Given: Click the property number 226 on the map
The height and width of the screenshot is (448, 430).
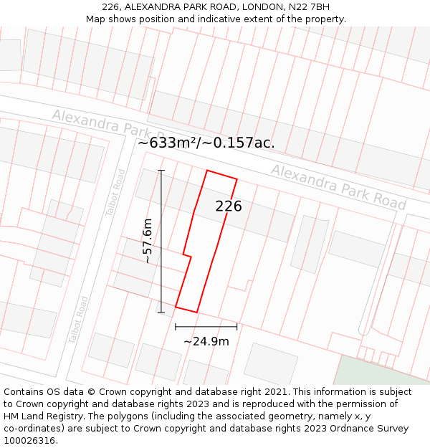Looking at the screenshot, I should tap(229, 206).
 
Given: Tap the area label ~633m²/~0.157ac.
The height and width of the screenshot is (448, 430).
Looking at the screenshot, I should tap(206, 143).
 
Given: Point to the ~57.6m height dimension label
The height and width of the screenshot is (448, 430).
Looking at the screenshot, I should tap(148, 241).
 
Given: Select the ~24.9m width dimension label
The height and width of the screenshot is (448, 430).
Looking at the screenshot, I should tap(206, 341).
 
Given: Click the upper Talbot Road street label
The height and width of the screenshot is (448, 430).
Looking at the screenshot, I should tap(115, 190).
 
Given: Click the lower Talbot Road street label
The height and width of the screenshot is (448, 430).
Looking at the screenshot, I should tap(78, 320).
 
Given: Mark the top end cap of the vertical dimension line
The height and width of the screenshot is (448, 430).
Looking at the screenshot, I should tap(161, 170).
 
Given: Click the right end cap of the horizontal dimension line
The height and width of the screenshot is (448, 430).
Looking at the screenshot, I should tap(237, 326).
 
